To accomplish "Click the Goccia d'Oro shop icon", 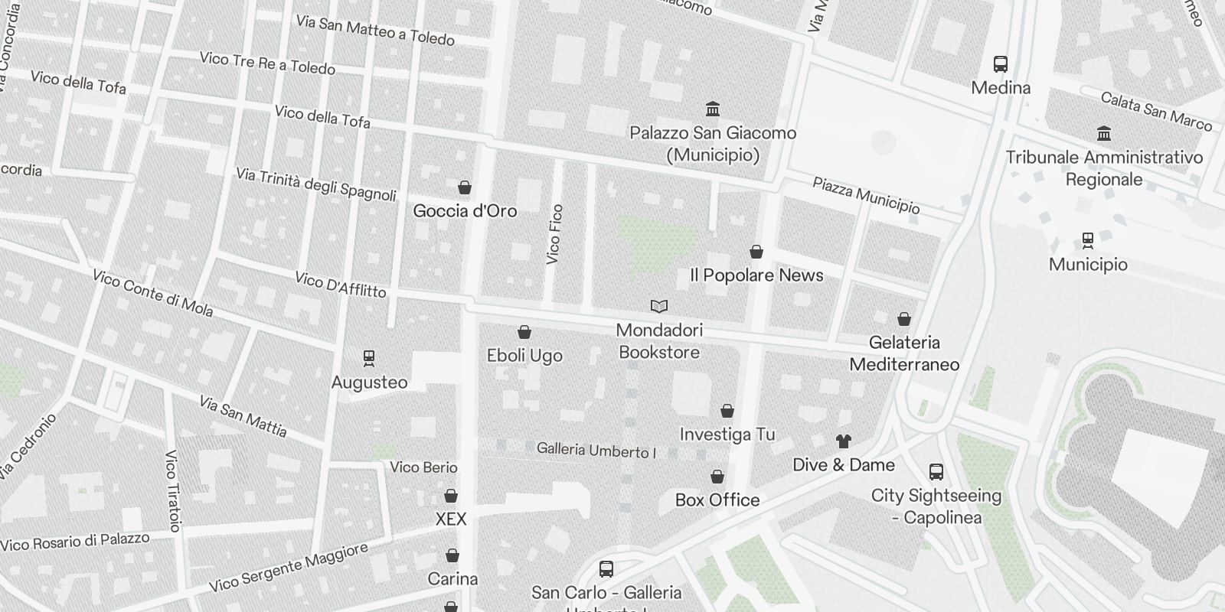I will click(x=464, y=187).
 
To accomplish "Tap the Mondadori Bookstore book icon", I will click(x=658, y=307).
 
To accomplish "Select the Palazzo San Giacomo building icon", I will click(x=713, y=109).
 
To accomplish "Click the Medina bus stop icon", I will click(x=1000, y=64).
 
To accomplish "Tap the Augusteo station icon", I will click(x=369, y=358).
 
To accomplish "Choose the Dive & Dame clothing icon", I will click(x=843, y=441).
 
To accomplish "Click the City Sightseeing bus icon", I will click(x=936, y=472).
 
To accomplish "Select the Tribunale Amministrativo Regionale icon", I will click(x=1104, y=134).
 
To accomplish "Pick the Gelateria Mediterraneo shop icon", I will click(x=904, y=319).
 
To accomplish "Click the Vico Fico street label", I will click(x=555, y=235).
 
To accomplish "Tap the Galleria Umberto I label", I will click(x=596, y=451).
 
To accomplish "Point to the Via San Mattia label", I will click(x=243, y=417).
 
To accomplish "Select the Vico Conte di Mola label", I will click(x=152, y=292).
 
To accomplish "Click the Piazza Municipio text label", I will click(x=866, y=195).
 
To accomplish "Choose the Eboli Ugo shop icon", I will click(x=524, y=332).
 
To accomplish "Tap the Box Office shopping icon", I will click(x=717, y=477).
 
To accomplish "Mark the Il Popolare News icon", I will click(x=756, y=252).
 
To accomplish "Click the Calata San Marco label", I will click(x=1156, y=112).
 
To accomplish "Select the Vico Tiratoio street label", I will click(x=172, y=490).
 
